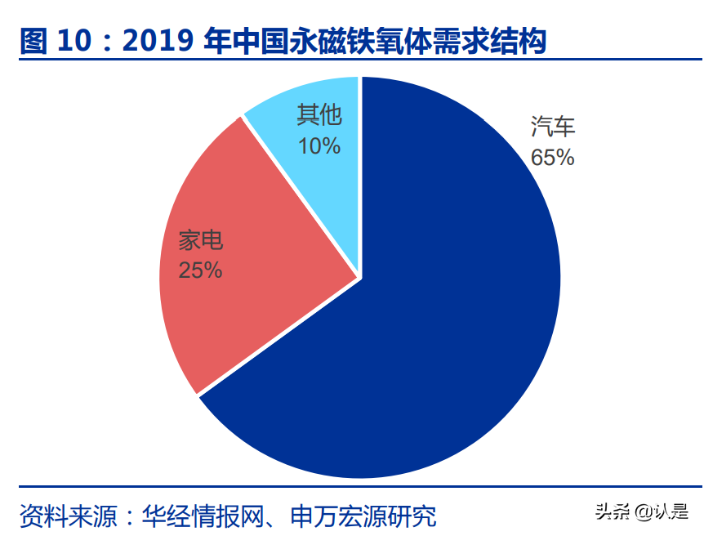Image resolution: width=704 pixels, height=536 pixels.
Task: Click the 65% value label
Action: point(553,157)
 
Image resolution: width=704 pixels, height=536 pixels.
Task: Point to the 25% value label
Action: point(201,270)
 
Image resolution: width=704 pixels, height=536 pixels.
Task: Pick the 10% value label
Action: point(319,146)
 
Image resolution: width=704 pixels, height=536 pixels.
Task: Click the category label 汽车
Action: point(553,127)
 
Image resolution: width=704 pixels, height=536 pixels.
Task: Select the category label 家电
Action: point(201,241)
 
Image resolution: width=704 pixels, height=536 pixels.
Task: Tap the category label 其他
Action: point(319,115)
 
